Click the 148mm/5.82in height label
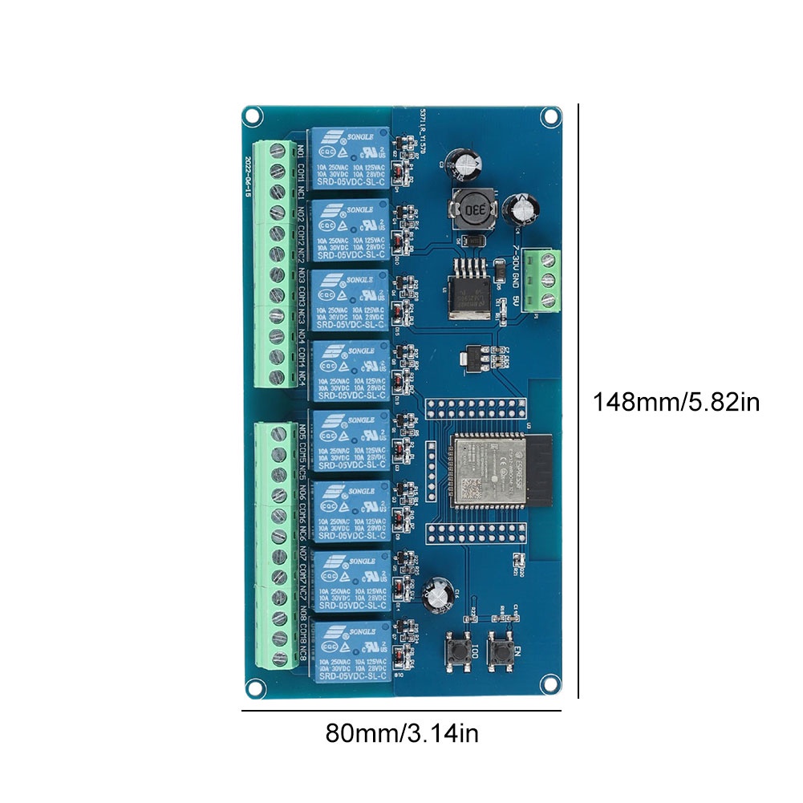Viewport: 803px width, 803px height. coord(675,400)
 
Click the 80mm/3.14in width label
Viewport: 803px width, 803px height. coord(402,733)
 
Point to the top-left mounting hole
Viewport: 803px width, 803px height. coord(253,116)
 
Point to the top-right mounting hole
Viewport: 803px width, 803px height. coord(550,116)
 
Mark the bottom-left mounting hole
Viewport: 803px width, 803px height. coord(255,687)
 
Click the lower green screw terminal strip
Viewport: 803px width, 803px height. coord(274,545)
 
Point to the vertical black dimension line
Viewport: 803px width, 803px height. coord(578,400)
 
